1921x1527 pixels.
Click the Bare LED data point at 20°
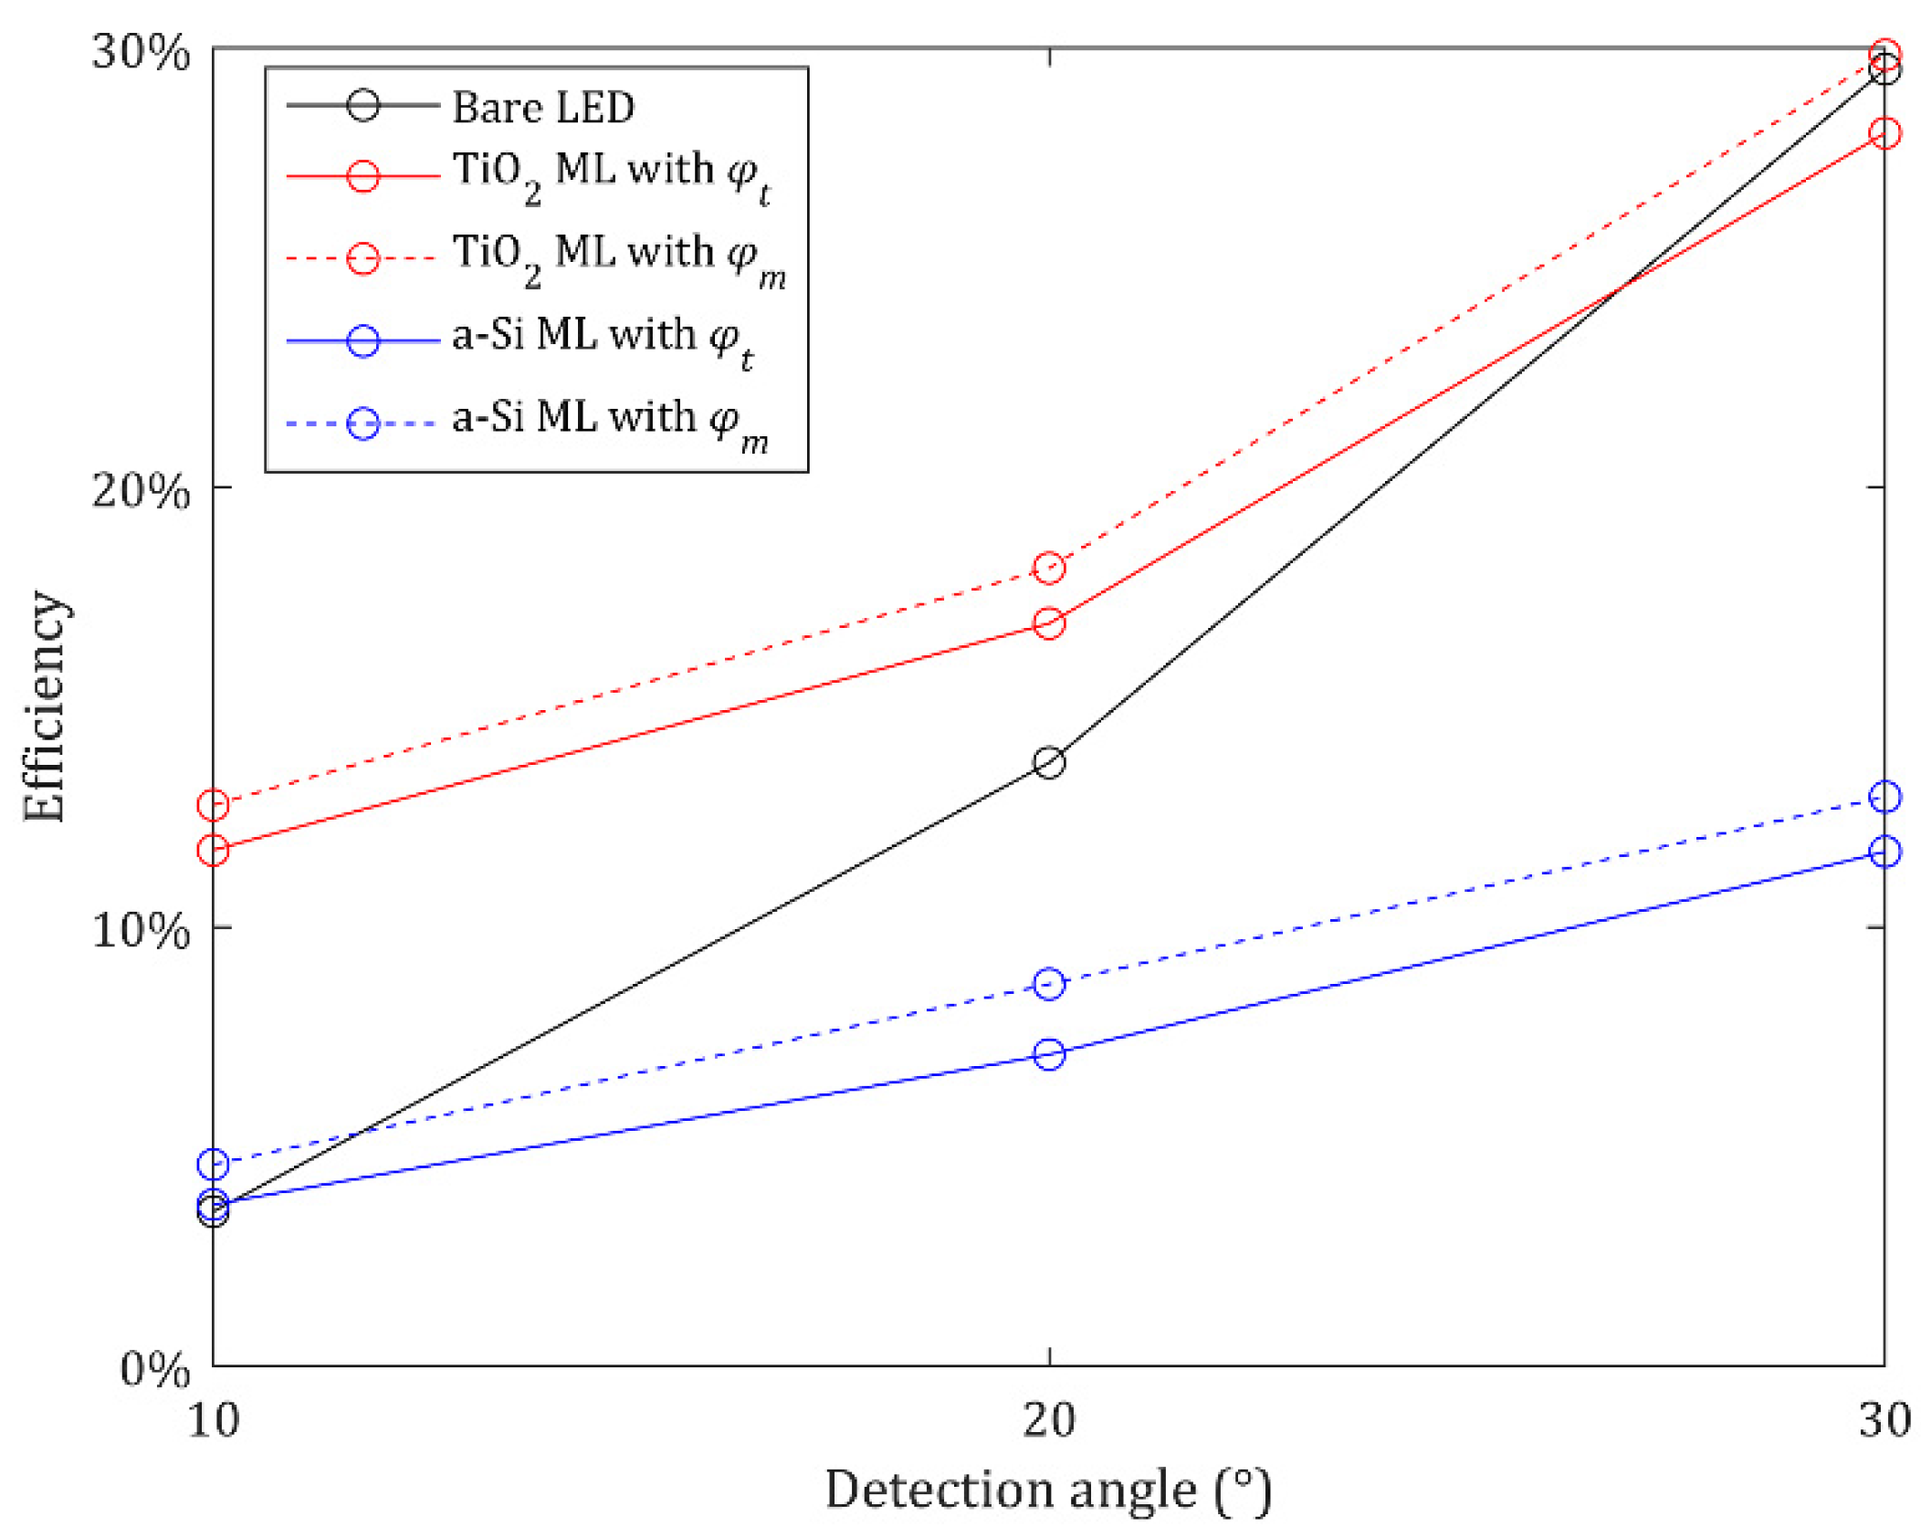1048,762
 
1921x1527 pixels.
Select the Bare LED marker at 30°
1884,68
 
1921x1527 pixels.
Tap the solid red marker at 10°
213,850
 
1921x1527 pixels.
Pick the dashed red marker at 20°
1048,568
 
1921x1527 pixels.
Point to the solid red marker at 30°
1884,133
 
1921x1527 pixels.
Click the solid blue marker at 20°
1048,1054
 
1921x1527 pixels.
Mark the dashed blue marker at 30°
1884,797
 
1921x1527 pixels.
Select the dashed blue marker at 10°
213,1164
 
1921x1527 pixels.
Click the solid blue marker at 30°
1884,852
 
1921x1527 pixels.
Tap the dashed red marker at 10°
213,804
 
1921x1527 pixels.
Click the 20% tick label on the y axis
141,490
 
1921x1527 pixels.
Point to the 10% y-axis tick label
141,930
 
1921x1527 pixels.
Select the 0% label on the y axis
154,1369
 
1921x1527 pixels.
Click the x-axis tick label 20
1048,1420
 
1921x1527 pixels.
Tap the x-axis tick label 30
1884,1420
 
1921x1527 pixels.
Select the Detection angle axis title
1048,1490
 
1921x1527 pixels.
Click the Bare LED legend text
543,107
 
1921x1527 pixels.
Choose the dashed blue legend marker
362,424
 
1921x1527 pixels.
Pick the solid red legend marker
362,175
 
